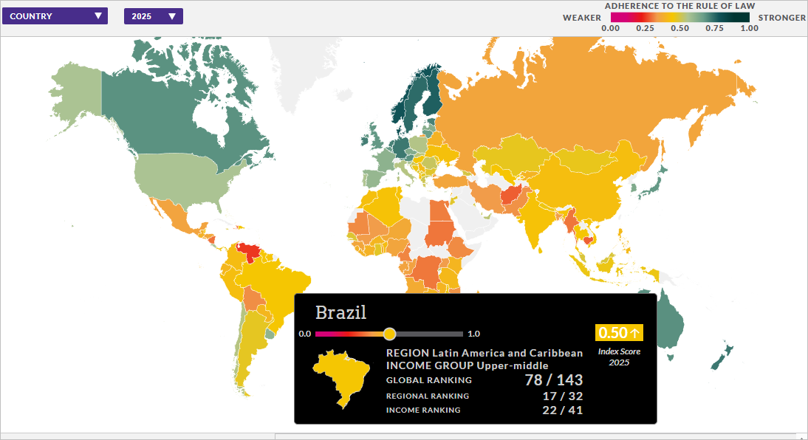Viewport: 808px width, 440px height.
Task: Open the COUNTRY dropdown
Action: (55, 16)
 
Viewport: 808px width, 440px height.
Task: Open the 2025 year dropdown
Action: (153, 16)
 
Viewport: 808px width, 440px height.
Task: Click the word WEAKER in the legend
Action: (582, 17)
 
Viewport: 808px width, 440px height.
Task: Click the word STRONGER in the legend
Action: (782, 17)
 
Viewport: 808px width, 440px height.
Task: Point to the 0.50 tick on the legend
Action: (679, 28)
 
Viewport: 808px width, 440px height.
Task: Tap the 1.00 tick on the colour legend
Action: (749, 28)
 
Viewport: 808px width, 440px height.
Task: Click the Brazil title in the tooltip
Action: (340, 312)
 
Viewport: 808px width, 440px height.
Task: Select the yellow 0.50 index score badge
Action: (619, 332)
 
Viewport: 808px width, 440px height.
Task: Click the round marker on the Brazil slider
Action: (390, 334)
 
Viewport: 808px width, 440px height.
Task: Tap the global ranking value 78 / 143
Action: (554, 380)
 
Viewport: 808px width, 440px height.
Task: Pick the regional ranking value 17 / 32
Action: (564, 396)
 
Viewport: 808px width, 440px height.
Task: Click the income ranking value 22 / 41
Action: (564, 410)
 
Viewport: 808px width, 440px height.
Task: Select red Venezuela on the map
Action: (251, 251)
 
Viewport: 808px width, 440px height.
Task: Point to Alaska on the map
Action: (74, 92)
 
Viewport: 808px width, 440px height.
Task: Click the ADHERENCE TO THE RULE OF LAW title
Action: (679, 6)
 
